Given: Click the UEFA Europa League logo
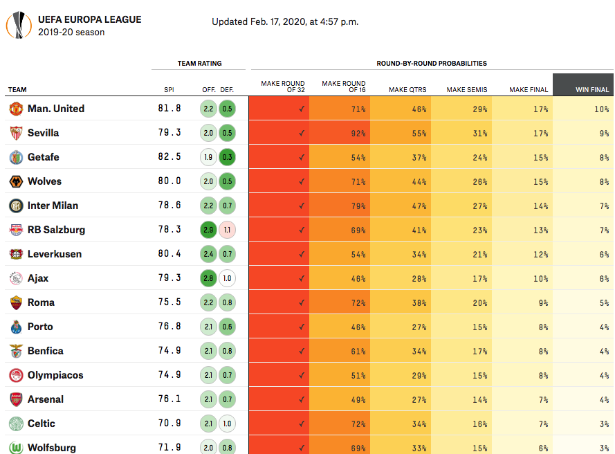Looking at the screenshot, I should [17, 26].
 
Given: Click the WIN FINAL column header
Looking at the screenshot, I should [592, 89].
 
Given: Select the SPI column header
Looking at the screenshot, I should [169, 89].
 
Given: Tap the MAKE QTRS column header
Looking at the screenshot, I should [407, 89].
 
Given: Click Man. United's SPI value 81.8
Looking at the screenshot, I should [169, 109].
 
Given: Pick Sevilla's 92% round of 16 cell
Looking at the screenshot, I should [340, 133].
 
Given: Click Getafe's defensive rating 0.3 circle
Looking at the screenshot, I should [227, 157].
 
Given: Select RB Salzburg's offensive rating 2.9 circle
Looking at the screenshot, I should [208, 230].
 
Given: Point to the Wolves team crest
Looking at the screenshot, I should [16, 181].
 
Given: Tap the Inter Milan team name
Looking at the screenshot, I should [53, 206].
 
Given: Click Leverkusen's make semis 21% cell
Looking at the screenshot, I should [461, 254].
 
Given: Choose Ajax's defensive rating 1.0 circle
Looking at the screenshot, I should [227, 278].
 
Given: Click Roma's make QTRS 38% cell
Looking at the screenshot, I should [401, 302].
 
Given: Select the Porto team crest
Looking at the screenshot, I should [16, 327].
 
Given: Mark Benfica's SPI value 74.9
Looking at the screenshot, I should [169, 351].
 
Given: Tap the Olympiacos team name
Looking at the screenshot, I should [55, 375].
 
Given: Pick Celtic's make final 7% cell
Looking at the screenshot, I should [522, 424].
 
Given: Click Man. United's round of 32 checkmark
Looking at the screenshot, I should [302, 109].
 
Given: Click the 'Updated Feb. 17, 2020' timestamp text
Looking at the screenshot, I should [285, 21].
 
